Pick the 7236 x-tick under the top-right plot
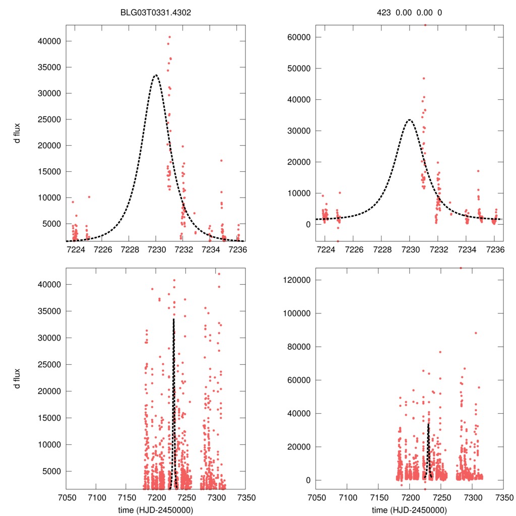495,250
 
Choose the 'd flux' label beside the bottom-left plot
18,378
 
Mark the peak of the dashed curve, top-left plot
156,75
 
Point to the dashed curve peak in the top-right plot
410,120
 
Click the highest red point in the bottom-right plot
460,268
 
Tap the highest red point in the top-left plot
169,37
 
